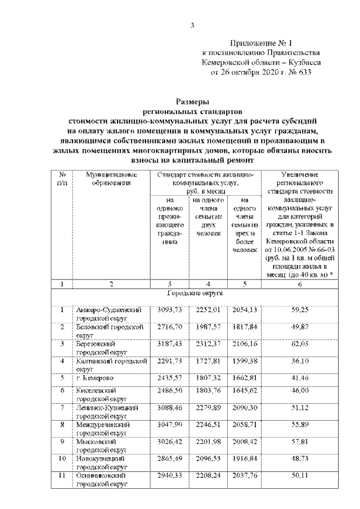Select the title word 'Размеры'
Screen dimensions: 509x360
(192, 102)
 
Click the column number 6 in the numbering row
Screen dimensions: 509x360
(299, 285)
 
